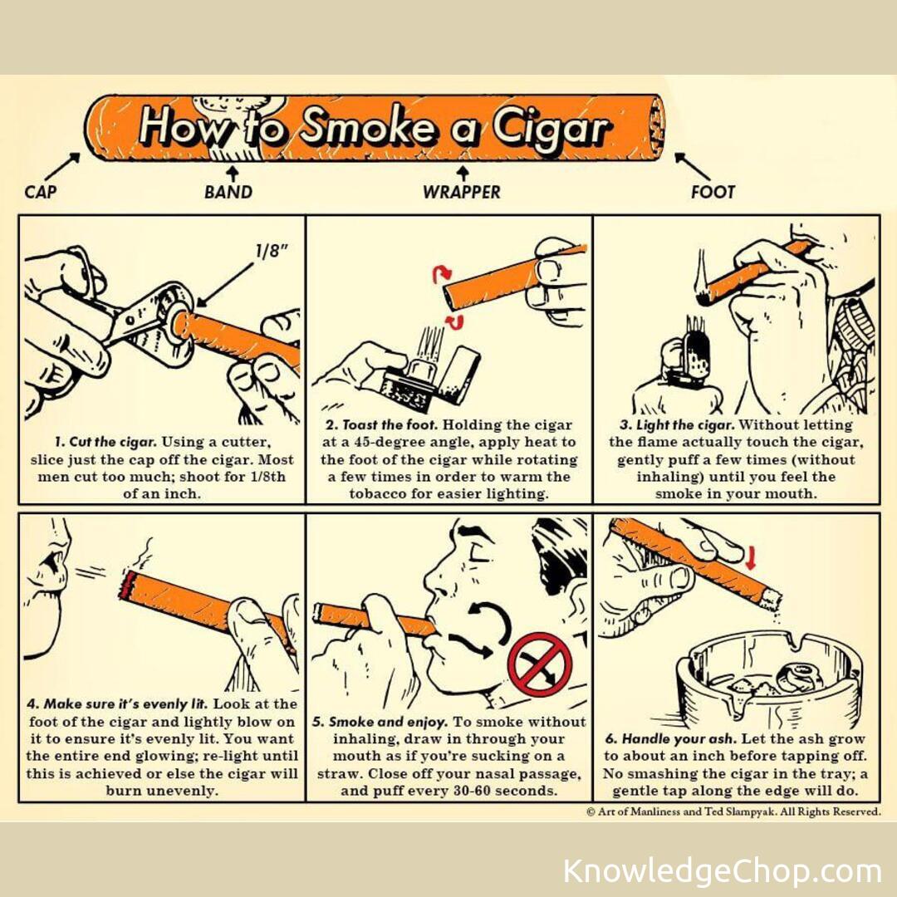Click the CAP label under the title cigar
[41, 191]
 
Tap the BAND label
[228, 192]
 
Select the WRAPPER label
[462, 192]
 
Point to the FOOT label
[713, 192]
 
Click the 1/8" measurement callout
[271, 251]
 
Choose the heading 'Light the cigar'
[678, 425]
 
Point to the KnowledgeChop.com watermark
[723, 870]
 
